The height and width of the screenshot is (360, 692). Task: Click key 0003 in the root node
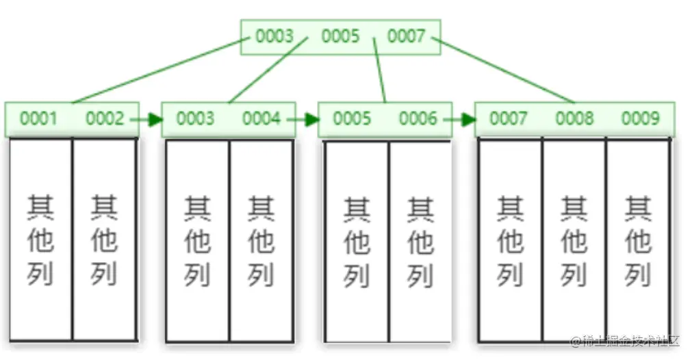(274, 36)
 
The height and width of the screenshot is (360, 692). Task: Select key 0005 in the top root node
(340, 36)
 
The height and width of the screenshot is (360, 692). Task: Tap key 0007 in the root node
(407, 36)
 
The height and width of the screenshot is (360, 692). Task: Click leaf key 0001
(38, 119)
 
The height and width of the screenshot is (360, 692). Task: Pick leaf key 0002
(105, 119)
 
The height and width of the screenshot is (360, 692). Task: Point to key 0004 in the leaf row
(261, 119)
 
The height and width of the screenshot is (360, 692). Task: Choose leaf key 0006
(418, 119)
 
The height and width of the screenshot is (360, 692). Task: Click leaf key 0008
(574, 119)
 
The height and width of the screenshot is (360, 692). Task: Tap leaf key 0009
(640, 119)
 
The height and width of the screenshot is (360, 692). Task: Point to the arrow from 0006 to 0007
(463, 120)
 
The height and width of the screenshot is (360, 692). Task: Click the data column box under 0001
(40, 240)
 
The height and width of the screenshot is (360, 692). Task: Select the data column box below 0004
(261, 240)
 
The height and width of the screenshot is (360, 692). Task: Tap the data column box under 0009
(637, 240)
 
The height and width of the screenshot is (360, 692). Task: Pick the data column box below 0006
(420, 240)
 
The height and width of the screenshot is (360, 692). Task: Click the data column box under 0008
(574, 240)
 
